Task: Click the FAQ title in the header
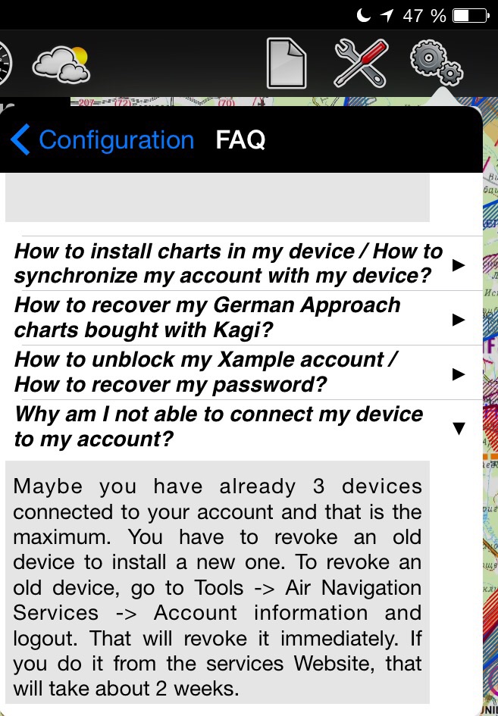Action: pos(240,139)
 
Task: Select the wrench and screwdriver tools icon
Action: pos(362,63)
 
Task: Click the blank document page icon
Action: pos(287,63)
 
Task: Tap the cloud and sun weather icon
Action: pos(61,65)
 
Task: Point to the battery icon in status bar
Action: pos(471,16)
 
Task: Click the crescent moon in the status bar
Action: pos(363,15)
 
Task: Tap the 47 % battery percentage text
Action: pos(424,16)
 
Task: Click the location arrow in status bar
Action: pos(387,16)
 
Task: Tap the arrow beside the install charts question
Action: pos(459,265)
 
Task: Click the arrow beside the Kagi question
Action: pos(459,320)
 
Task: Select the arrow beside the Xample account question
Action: pos(459,374)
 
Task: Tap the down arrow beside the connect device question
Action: pos(459,428)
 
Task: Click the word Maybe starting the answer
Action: pos(48,487)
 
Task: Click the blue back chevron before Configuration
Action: pos(20,139)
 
